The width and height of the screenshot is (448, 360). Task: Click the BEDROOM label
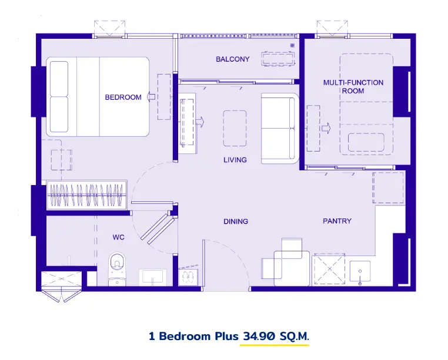point(123,97)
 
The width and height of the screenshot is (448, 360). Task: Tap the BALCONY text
point(233,59)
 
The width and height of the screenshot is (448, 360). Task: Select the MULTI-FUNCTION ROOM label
point(353,87)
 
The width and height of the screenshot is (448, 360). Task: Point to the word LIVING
point(235,160)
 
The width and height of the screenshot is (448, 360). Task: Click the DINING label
point(236,221)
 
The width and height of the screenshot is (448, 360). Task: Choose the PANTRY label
point(337,221)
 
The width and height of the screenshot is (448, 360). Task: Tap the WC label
point(118,237)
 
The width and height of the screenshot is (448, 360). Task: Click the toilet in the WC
point(117,268)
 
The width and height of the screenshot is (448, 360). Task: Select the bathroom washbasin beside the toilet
point(152,277)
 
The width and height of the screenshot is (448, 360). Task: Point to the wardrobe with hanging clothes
point(86,196)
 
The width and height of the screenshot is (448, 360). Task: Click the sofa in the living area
point(280,129)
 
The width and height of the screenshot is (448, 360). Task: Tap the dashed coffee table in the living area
point(235,128)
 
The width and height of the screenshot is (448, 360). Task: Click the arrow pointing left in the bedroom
point(151,97)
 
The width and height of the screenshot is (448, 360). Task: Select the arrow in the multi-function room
point(326,128)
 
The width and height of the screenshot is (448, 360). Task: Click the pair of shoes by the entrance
point(188,276)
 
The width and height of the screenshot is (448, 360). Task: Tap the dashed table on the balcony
point(278,59)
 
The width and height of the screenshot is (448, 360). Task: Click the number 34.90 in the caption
point(259,337)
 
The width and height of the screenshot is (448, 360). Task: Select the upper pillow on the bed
point(59,79)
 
